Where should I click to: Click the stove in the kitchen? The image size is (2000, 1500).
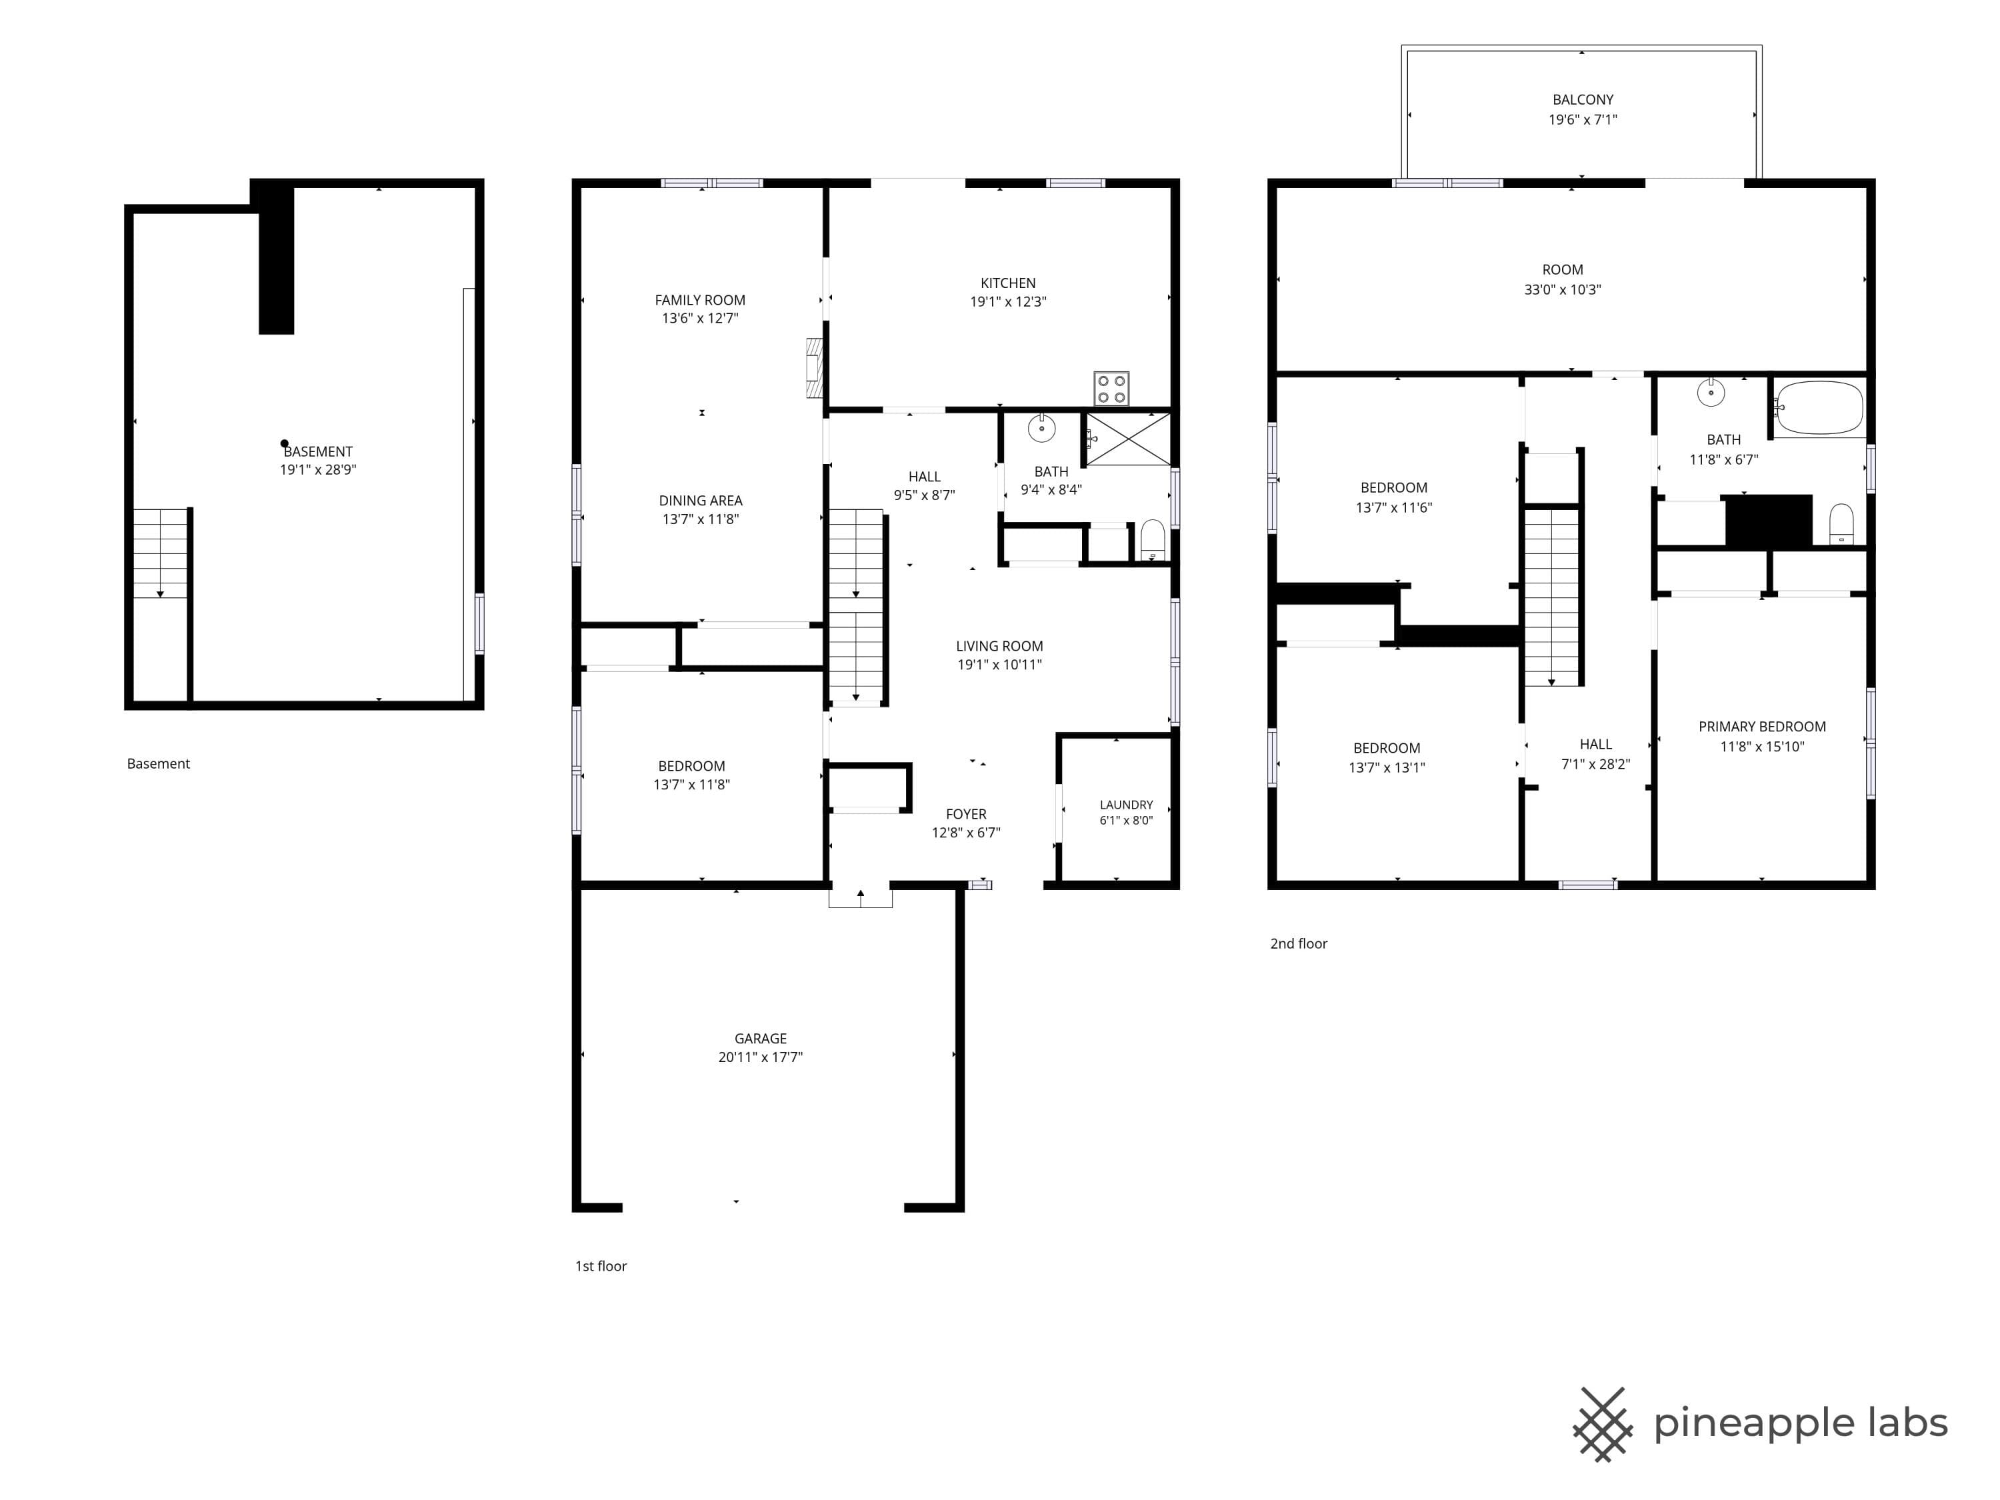(x=1111, y=389)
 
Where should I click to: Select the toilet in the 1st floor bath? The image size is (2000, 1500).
(x=1152, y=540)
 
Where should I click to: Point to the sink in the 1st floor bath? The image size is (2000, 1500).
(x=1041, y=428)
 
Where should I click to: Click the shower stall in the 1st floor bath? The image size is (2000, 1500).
(x=1127, y=439)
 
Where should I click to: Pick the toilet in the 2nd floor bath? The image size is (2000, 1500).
(x=1841, y=525)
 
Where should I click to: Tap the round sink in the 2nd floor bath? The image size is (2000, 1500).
(x=1711, y=393)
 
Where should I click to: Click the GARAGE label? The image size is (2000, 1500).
(x=761, y=1039)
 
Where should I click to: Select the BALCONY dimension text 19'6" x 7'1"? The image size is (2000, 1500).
(x=1582, y=119)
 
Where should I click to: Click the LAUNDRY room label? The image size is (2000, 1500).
(x=1126, y=805)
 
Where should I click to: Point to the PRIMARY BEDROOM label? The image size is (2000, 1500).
(x=1761, y=727)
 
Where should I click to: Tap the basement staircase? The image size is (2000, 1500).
(x=161, y=553)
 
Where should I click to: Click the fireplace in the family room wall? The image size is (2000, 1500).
(x=815, y=368)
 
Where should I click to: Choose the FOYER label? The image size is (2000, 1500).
(x=965, y=815)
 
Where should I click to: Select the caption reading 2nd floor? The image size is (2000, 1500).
(x=1299, y=944)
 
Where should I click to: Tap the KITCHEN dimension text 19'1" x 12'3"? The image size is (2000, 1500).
(x=1008, y=302)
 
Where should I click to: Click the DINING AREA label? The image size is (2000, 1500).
(x=701, y=501)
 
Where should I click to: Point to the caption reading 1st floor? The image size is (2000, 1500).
(x=601, y=1267)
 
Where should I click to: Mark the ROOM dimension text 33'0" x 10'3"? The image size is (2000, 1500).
(x=1563, y=290)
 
